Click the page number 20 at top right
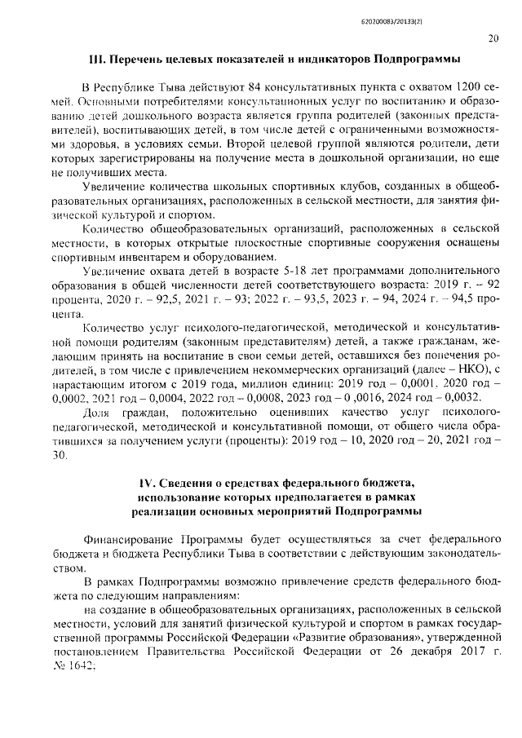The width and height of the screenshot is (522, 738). (493, 37)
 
